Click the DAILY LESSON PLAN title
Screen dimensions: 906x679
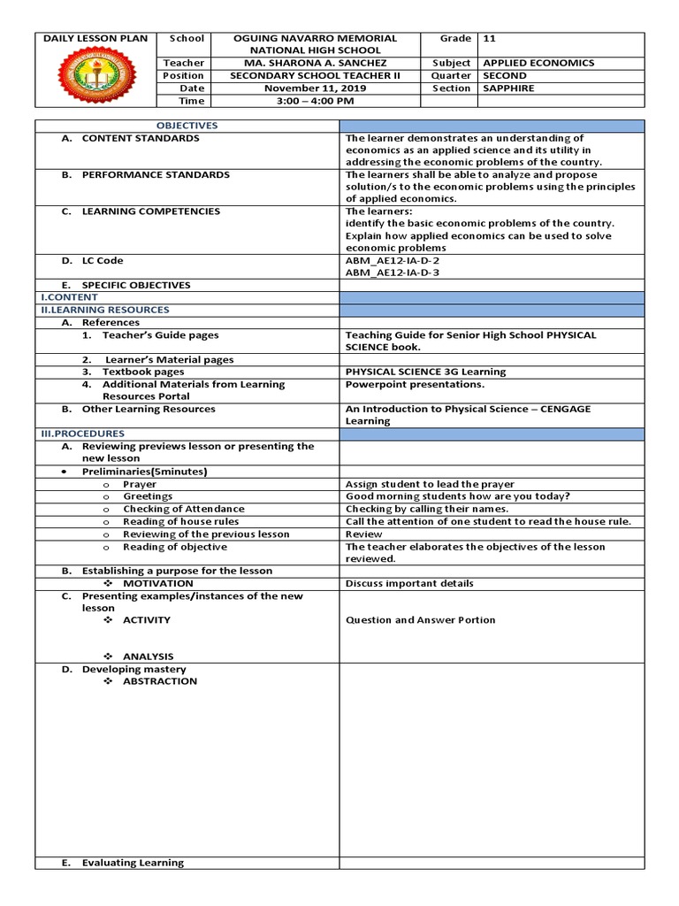[94, 39]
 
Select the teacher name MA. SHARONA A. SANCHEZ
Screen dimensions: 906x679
[314, 64]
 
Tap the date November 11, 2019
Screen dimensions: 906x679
[314, 88]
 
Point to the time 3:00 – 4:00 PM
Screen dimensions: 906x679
[314, 101]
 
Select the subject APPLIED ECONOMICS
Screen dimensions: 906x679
[538, 64]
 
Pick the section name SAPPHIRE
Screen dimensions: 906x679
[508, 88]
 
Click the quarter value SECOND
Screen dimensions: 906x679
[505, 76]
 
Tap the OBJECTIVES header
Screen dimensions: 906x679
[187, 126]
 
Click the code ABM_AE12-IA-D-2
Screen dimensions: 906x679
[393, 261]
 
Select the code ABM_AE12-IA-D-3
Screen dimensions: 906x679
[393, 273]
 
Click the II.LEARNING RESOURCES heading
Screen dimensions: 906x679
[104, 311]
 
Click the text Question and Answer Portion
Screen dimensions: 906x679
[420, 620]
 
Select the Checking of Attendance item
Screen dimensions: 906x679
[184, 510]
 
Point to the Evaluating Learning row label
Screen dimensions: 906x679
[133, 863]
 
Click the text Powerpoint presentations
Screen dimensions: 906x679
[415, 385]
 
